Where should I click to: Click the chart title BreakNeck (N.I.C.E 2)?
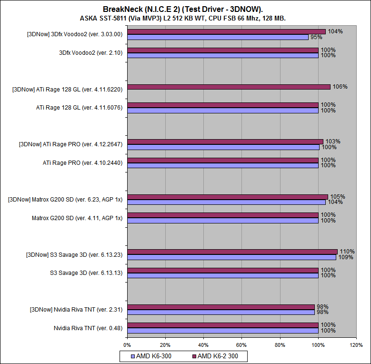click(185, 9)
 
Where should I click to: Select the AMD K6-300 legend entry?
click(153, 356)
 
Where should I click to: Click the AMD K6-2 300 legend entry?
click(219, 356)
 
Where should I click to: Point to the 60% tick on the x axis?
click(241, 344)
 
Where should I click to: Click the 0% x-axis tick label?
click(127, 344)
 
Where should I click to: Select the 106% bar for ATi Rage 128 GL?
click(229, 87)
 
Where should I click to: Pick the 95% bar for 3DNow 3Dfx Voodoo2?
click(218, 37)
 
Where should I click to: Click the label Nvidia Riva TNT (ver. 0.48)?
click(88, 328)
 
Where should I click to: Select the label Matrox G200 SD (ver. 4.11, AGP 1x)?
click(77, 218)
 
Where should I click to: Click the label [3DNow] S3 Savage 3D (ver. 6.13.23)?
click(74, 254)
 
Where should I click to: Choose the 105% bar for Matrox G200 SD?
click(227, 197)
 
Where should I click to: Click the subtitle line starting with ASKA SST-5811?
click(186, 18)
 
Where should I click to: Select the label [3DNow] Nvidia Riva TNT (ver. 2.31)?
click(76, 310)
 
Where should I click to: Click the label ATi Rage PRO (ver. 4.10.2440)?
click(82, 162)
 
